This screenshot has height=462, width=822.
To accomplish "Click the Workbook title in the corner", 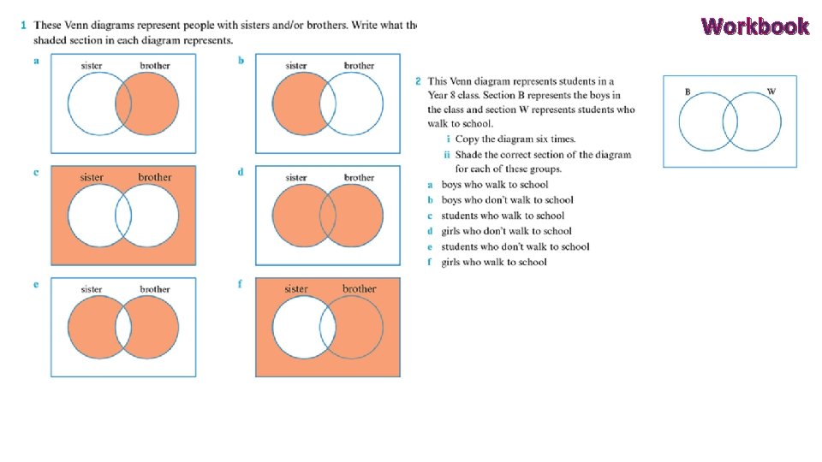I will (x=754, y=27).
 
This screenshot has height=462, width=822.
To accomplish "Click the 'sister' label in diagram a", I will (x=92, y=66).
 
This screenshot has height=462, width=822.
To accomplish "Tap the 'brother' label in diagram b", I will (x=359, y=66).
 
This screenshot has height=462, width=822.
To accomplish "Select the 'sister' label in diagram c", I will (x=92, y=178).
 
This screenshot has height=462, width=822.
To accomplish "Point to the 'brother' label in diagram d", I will (x=359, y=178).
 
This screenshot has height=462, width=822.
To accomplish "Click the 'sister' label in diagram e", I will (x=92, y=290).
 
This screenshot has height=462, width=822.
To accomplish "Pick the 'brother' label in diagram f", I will (x=359, y=289).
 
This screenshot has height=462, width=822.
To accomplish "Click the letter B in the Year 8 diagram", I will (x=688, y=92).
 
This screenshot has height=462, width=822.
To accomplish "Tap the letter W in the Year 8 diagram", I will (x=771, y=92).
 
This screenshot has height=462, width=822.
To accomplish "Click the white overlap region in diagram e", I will (x=123, y=329).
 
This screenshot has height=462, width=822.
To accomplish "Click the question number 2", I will (x=418, y=82).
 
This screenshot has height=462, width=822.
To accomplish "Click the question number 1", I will (x=24, y=25).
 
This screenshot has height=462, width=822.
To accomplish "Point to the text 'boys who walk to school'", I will (x=494, y=185).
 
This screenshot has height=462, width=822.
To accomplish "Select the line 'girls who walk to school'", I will (x=493, y=262).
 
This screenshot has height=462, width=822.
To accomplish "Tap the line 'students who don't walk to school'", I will (x=515, y=246).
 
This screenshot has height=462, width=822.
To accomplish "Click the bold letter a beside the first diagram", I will (x=36, y=61).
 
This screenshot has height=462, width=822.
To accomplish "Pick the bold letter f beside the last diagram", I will (x=241, y=284).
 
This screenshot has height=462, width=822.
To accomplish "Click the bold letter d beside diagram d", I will (x=241, y=172).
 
